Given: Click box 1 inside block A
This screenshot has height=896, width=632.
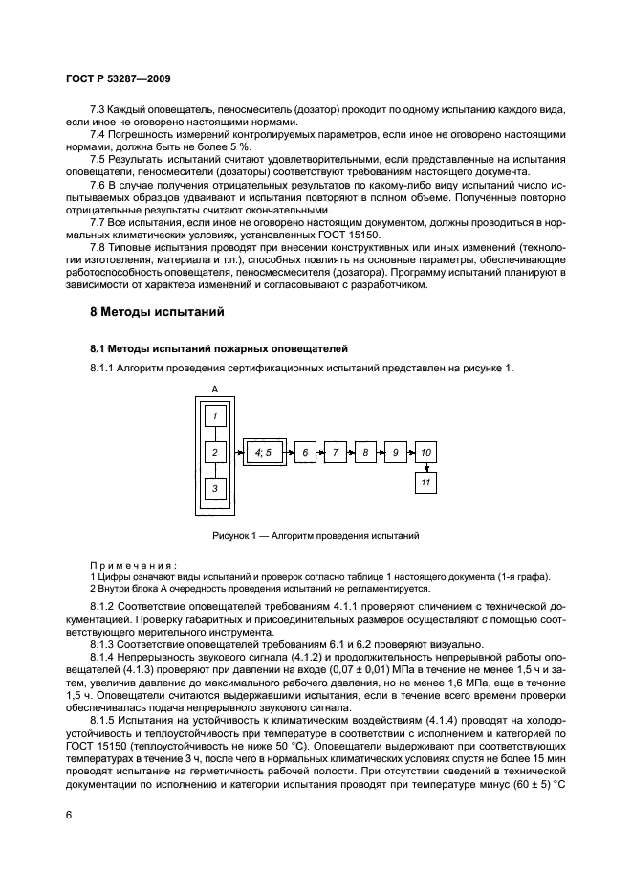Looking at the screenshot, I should (216, 415).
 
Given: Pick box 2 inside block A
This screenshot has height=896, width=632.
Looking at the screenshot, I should (216, 451).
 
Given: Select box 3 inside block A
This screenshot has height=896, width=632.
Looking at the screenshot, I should (216, 488).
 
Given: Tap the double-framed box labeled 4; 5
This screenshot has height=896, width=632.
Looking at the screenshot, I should (264, 451).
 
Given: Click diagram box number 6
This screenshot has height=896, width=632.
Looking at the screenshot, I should (304, 451).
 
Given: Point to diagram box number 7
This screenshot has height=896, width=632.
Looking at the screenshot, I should (335, 451).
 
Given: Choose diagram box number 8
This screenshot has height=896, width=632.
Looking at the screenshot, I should (365, 451).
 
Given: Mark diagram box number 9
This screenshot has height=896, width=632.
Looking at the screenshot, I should (395, 451).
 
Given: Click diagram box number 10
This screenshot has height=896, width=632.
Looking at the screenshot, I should (426, 451).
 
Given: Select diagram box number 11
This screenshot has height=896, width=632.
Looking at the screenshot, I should (426, 482).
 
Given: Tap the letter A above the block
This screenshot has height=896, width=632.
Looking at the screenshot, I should (215, 389).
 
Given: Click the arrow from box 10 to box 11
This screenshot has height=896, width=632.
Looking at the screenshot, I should (426, 466).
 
